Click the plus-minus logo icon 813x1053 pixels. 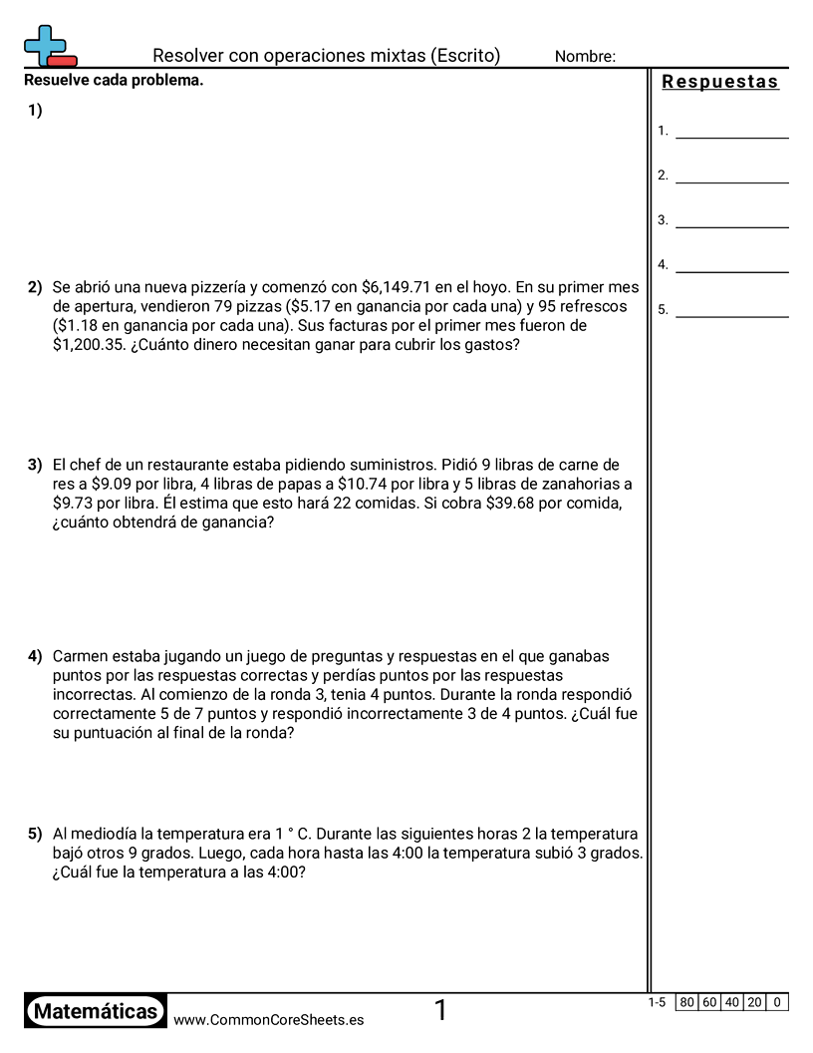[48, 46]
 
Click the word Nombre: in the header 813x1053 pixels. [585, 57]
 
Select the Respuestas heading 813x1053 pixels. [720, 82]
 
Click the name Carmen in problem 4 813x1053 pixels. [83, 656]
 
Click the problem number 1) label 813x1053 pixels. [35, 112]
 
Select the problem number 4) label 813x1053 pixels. [35, 656]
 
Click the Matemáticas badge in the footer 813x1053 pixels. [96, 1012]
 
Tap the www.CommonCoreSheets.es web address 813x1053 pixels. [268, 1020]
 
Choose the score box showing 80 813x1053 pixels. [686, 1002]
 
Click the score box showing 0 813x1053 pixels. [777, 1002]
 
